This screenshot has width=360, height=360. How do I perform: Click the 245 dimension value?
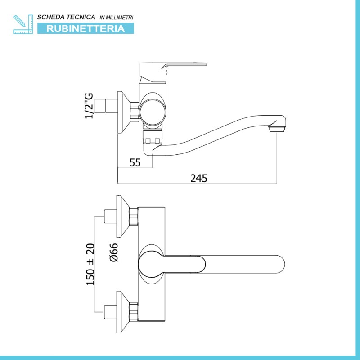pyautogui.click(x=198, y=178)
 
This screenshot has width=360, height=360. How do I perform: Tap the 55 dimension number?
pyautogui.click(x=135, y=162)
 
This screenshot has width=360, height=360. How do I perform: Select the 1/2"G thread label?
pyautogui.click(x=89, y=106)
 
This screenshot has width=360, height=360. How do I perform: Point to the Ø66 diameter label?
pyautogui.click(x=114, y=252)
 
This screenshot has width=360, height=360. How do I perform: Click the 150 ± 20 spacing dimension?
pyautogui.click(x=90, y=264)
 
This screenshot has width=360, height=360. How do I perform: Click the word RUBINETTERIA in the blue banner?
pyautogui.click(x=85, y=29)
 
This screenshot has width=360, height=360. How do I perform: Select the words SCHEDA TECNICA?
pyautogui.click(x=66, y=17)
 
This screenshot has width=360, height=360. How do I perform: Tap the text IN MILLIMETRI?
pyautogui.click(x=117, y=18)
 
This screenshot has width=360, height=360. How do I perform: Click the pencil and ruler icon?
pyautogui.click(x=23, y=24)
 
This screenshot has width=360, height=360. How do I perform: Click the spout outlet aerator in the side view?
pyautogui.click(x=276, y=129)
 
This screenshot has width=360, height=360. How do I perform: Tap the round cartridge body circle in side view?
pyautogui.click(x=152, y=112)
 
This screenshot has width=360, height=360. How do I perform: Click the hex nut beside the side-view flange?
pyautogui.click(x=135, y=112)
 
